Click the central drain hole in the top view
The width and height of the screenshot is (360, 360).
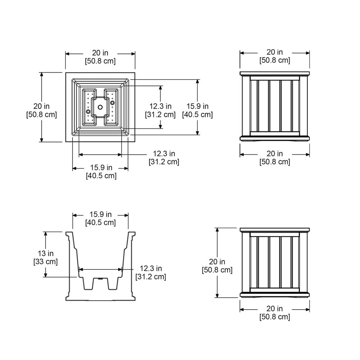click(x=100, y=107)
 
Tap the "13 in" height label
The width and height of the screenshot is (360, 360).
click(x=46, y=253)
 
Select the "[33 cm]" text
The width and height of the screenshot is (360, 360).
click(x=45, y=261)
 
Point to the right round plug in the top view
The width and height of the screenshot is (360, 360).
click(x=112, y=103)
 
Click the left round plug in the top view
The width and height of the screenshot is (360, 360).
click(x=88, y=112)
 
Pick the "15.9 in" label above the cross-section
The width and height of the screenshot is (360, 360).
click(x=100, y=215)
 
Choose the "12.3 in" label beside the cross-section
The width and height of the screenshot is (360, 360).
click(x=151, y=269)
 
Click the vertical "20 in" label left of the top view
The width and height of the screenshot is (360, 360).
click(x=41, y=106)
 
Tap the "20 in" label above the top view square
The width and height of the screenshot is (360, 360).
click(x=100, y=53)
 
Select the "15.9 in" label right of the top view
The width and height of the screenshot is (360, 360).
click(x=197, y=106)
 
